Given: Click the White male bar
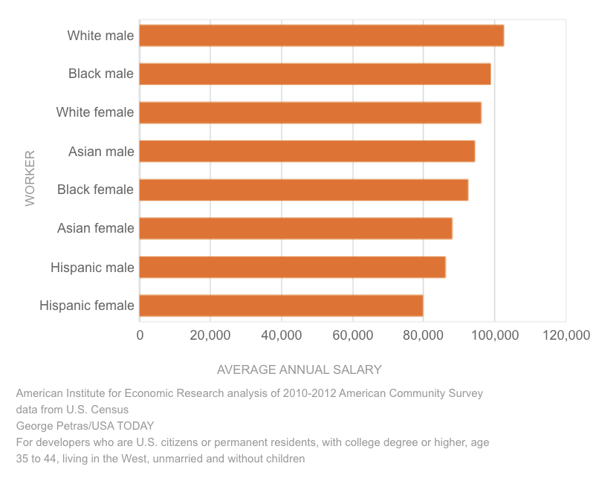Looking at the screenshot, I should coord(321,36).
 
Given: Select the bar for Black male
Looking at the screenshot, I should coord(314,74).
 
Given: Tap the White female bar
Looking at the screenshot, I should coord(310,113).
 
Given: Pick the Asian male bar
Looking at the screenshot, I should coord(307,152).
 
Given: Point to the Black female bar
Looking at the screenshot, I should coord(303,190).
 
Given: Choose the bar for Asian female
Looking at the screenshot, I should coord(295,229).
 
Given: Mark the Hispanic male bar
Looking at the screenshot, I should coord(292,268).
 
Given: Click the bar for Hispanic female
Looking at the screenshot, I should coord(281,306).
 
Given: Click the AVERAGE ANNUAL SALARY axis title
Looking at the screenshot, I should coord(299,369).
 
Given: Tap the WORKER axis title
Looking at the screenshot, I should coord(30,178).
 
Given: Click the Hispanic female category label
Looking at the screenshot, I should coord(87,306).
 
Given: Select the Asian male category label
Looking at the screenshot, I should coord(101,152).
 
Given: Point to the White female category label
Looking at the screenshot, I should coord(95,113).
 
